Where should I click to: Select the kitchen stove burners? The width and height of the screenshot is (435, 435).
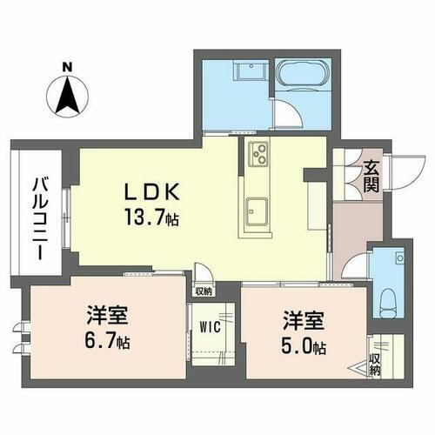click(258, 155)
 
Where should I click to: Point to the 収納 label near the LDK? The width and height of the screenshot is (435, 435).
click(204, 291)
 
